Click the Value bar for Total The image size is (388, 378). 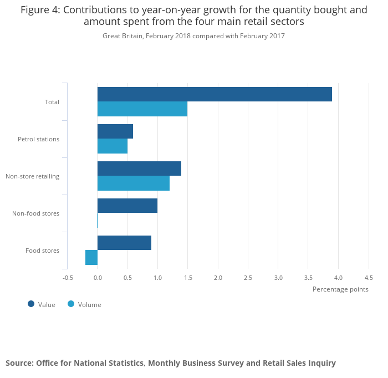point(215,94)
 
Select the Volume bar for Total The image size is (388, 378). point(142,109)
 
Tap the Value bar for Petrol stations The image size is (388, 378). point(115,131)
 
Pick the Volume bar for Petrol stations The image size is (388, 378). point(113,146)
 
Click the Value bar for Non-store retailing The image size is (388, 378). point(139,168)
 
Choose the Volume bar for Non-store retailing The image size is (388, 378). point(134,183)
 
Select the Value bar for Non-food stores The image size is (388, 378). point(127,206)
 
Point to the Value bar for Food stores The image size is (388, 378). point(124,243)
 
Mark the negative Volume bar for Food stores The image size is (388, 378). point(91,258)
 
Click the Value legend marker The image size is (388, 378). point(31,304)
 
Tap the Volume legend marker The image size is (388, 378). point(71,304)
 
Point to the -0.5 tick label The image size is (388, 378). point(68,278)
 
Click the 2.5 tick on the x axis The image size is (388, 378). point(248,278)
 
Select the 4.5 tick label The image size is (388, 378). point(368,278)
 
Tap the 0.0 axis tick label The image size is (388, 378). point(98,278)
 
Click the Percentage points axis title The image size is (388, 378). point(340,289)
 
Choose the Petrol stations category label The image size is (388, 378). point(38,139)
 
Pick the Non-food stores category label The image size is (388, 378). point(35,213)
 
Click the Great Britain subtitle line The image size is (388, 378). point(193,36)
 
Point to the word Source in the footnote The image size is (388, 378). point(18,363)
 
